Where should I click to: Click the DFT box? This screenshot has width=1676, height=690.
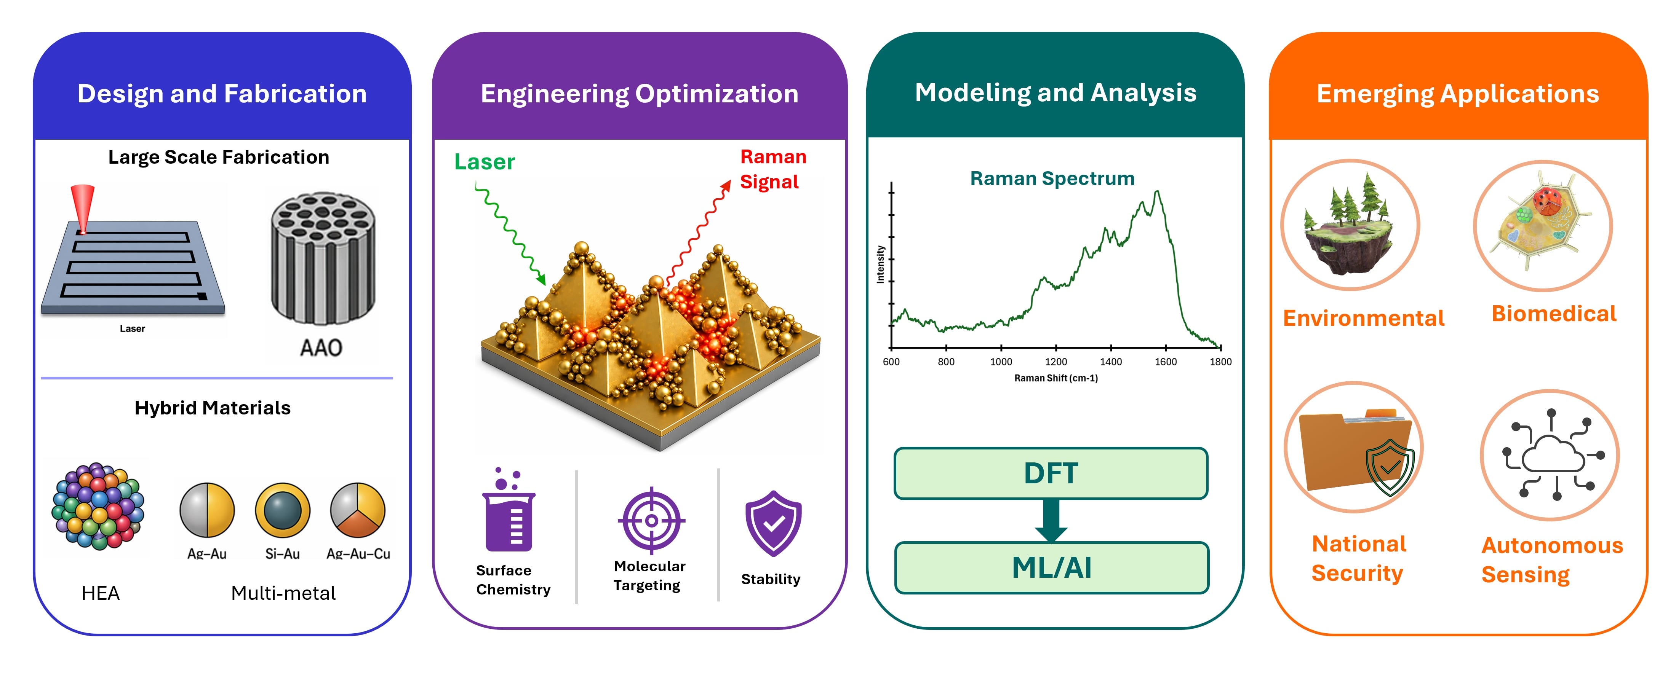coord(1051,473)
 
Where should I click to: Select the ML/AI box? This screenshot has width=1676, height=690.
coord(1051,568)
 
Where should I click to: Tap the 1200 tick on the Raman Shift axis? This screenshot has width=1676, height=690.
coord(1056,348)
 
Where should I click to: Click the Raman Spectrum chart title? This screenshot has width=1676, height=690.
coord(1052,178)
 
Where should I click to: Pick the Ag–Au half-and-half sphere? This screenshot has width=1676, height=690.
coord(207,510)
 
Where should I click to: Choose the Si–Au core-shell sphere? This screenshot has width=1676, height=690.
coord(282,510)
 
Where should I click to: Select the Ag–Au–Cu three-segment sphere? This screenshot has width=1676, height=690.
coord(358,510)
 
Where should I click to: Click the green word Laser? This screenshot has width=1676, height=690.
coord(485,162)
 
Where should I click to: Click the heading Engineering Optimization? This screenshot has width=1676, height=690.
coord(640,94)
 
